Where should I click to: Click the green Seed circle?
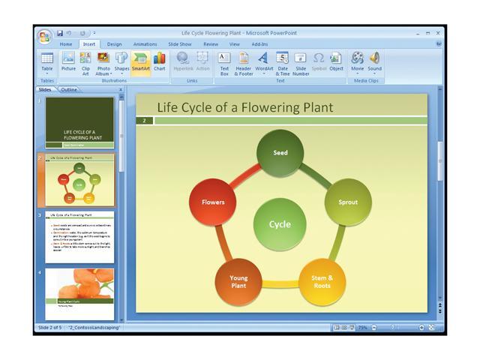pyautogui.click(x=280, y=152)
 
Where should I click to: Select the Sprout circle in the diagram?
pyautogui.click(x=348, y=202)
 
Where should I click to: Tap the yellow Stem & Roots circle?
pyautogui.click(x=322, y=281)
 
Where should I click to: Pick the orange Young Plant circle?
pyautogui.click(x=238, y=281)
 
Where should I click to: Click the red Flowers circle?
pyautogui.click(x=213, y=202)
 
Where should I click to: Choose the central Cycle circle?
pyautogui.click(x=280, y=224)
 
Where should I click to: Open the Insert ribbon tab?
pyautogui.click(x=89, y=44)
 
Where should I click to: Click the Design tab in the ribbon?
pyautogui.click(x=114, y=44)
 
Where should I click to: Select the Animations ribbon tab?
pyautogui.click(x=145, y=44)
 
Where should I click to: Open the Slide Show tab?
pyautogui.click(x=180, y=44)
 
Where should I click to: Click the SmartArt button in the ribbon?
pyautogui.click(x=140, y=63)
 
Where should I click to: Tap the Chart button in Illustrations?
pyautogui.click(x=160, y=63)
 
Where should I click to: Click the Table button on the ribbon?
pyautogui.click(x=47, y=63)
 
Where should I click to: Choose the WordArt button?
pyautogui.click(x=264, y=63)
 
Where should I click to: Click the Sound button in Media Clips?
pyautogui.click(x=374, y=61)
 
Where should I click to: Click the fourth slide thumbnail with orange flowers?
pyautogui.click(x=79, y=293)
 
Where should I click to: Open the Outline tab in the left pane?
pyautogui.click(x=68, y=89)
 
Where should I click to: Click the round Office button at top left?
pyautogui.click(x=45, y=35)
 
